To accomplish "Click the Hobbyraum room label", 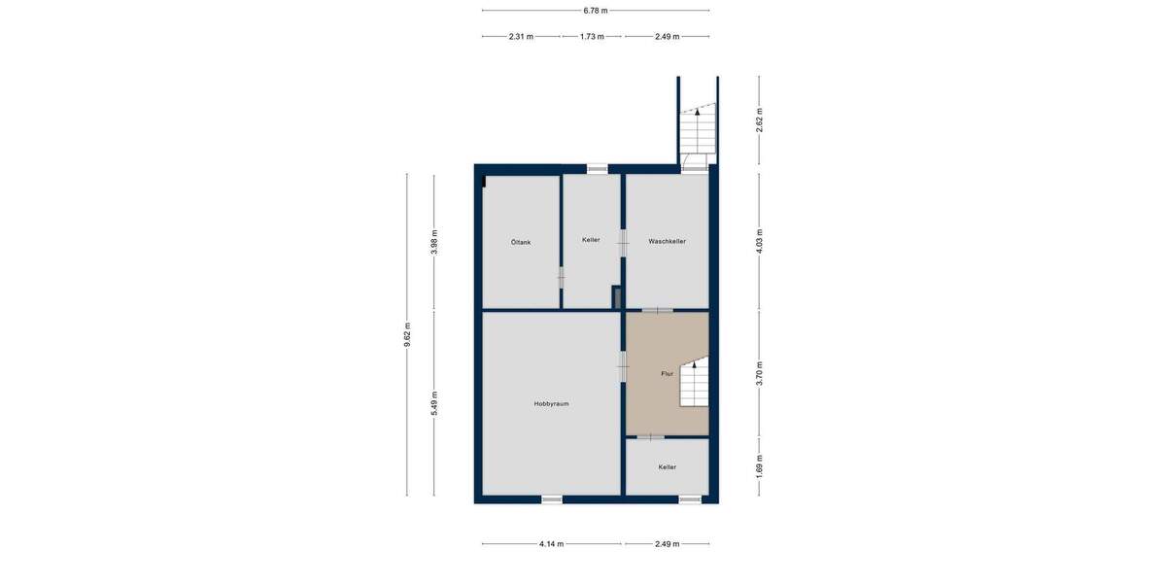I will (x=551, y=403).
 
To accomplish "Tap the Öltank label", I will (x=520, y=241).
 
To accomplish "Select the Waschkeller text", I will (x=668, y=241).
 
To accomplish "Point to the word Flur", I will (x=668, y=373).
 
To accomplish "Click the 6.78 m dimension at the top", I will (x=596, y=11).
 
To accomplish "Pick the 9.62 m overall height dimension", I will (x=408, y=334).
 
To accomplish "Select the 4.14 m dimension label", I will (x=551, y=544).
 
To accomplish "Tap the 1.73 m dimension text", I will (x=592, y=37).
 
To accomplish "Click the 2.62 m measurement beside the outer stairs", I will (x=760, y=119).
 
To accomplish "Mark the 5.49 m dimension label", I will (x=435, y=402).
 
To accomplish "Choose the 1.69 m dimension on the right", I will (x=760, y=466).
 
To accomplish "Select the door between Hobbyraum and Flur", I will (x=623, y=367).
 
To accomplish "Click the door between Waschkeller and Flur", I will (x=658, y=311).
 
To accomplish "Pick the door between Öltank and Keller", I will (x=561, y=278).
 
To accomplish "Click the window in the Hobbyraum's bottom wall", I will (x=552, y=499).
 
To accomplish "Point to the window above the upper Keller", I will (x=598, y=169).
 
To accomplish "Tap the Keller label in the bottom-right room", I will (x=667, y=467).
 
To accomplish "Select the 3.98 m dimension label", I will (x=435, y=241).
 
